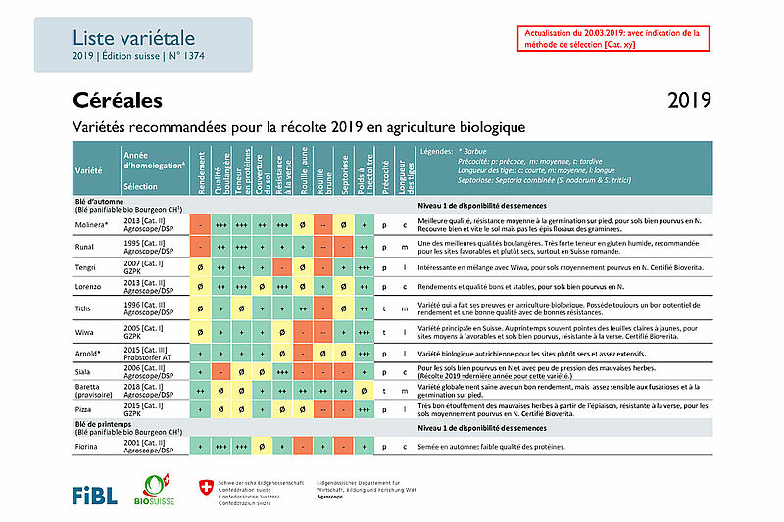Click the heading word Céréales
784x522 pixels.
click(117, 101)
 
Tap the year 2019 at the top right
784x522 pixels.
click(689, 101)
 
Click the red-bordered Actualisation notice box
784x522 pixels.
click(612, 38)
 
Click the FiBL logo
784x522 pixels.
click(95, 494)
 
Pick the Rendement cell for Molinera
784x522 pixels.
click(199, 225)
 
